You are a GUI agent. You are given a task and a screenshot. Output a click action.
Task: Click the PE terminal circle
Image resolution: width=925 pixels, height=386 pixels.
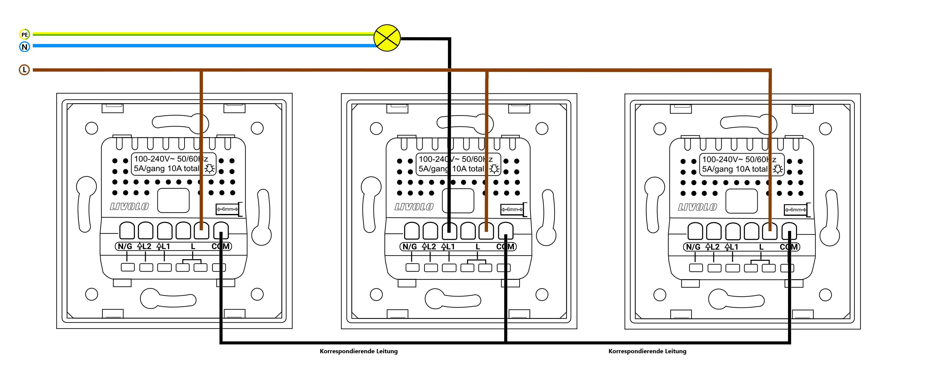24,34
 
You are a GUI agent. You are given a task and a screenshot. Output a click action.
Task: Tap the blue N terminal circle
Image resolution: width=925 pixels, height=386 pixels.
24,47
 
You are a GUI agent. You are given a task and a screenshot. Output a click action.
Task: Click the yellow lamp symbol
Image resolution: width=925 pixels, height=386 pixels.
387,38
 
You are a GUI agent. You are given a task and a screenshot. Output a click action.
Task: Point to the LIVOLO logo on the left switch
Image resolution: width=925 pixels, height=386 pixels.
129,207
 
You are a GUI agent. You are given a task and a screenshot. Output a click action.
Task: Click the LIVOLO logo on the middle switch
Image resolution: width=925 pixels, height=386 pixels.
414,207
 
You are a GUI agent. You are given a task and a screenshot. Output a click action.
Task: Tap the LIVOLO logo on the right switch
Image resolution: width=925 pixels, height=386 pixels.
698,207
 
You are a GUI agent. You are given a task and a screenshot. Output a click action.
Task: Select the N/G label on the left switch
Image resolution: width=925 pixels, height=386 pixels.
125,246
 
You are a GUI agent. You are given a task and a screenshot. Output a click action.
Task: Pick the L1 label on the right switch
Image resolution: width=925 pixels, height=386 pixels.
731,247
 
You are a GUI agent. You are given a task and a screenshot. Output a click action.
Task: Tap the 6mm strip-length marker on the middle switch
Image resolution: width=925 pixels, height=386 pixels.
512,209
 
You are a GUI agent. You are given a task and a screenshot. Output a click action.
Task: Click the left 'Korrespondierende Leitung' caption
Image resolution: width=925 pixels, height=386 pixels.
359,351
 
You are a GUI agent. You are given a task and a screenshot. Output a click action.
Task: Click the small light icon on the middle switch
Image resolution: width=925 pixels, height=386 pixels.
494,169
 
